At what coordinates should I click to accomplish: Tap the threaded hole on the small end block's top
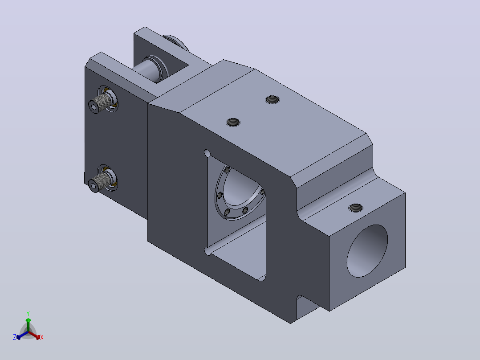pos(356,208)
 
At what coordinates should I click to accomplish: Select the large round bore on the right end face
pos(367,251)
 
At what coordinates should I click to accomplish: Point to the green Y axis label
pos(28,313)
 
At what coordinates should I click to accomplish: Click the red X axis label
pos(42,337)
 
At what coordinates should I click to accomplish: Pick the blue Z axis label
pos(15,337)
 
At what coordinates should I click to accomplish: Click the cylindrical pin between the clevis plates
pos(147,70)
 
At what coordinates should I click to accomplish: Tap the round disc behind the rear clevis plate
pos(176,43)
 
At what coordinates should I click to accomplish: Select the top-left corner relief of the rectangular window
pos(207,153)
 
